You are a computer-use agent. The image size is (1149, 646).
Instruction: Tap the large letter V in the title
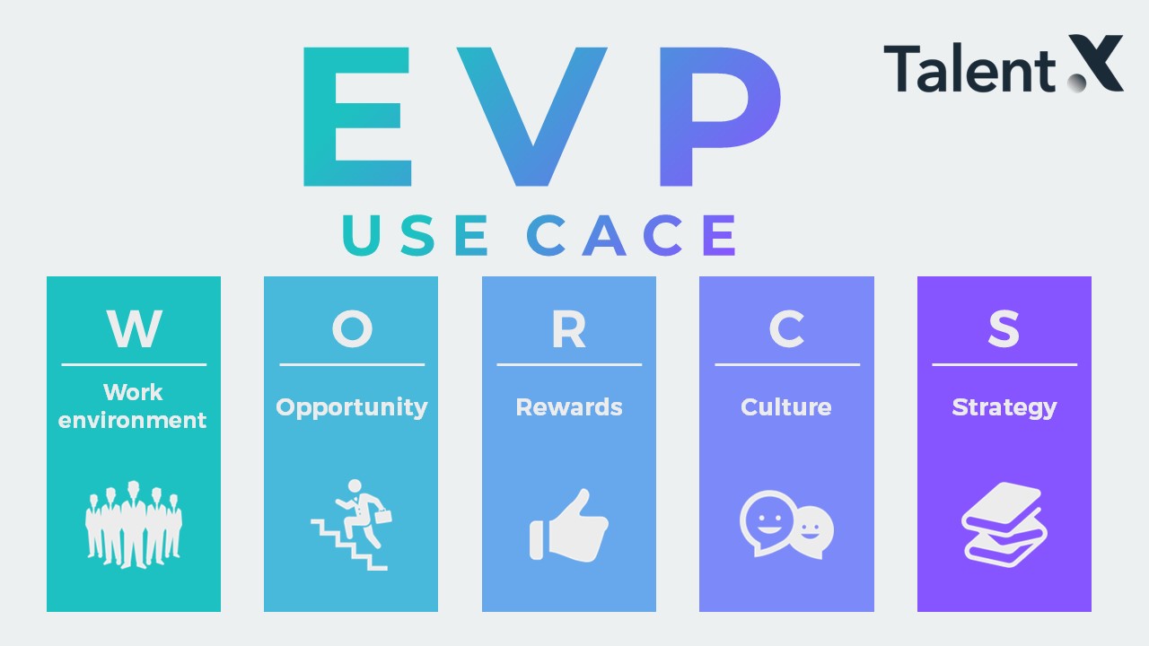pyautogui.click(x=532, y=117)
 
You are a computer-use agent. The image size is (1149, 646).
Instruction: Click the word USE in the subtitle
pyautogui.click(x=415, y=235)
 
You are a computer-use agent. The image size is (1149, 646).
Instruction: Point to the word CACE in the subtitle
pyautogui.click(x=631, y=235)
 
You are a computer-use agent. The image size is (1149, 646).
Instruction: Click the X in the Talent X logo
pyautogui.click(x=1095, y=64)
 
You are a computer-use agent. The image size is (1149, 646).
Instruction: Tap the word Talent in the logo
pyautogui.click(x=969, y=68)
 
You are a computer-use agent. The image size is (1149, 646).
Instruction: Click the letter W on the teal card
pyautogui.click(x=135, y=328)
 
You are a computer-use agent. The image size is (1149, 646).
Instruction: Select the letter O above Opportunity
pyautogui.click(x=352, y=328)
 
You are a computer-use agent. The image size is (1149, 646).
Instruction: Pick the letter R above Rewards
pyautogui.click(x=569, y=328)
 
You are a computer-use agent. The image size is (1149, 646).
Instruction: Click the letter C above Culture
pyautogui.click(x=786, y=328)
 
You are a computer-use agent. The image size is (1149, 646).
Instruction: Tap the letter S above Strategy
pyautogui.click(x=1004, y=328)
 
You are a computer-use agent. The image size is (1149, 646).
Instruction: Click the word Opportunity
pyautogui.click(x=351, y=408)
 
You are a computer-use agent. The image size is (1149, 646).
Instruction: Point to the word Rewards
pyautogui.click(x=569, y=407)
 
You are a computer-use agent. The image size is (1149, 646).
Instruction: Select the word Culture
pyautogui.click(x=785, y=407)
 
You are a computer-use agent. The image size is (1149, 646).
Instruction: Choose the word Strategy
pyautogui.click(x=1004, y=408)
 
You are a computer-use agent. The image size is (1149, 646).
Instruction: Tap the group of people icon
pyautogui.click(x=134, y=525)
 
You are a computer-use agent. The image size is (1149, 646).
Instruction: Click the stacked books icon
pyautogui.click(x=1004, y=525)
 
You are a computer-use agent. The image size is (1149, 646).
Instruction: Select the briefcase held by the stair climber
pyautogui.click(x=383, y=516)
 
